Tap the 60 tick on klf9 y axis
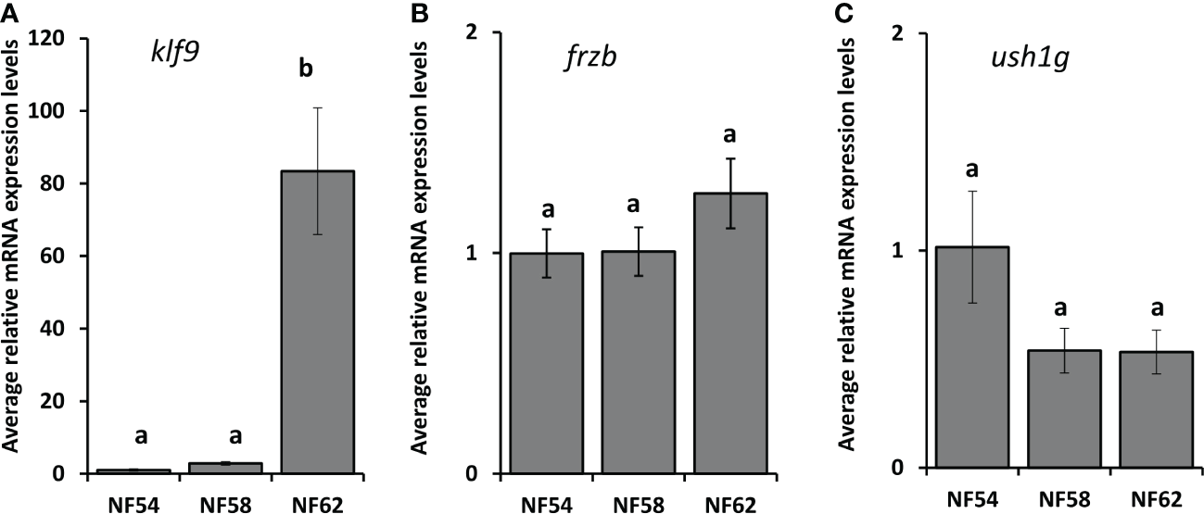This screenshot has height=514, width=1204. click(63, 257)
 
